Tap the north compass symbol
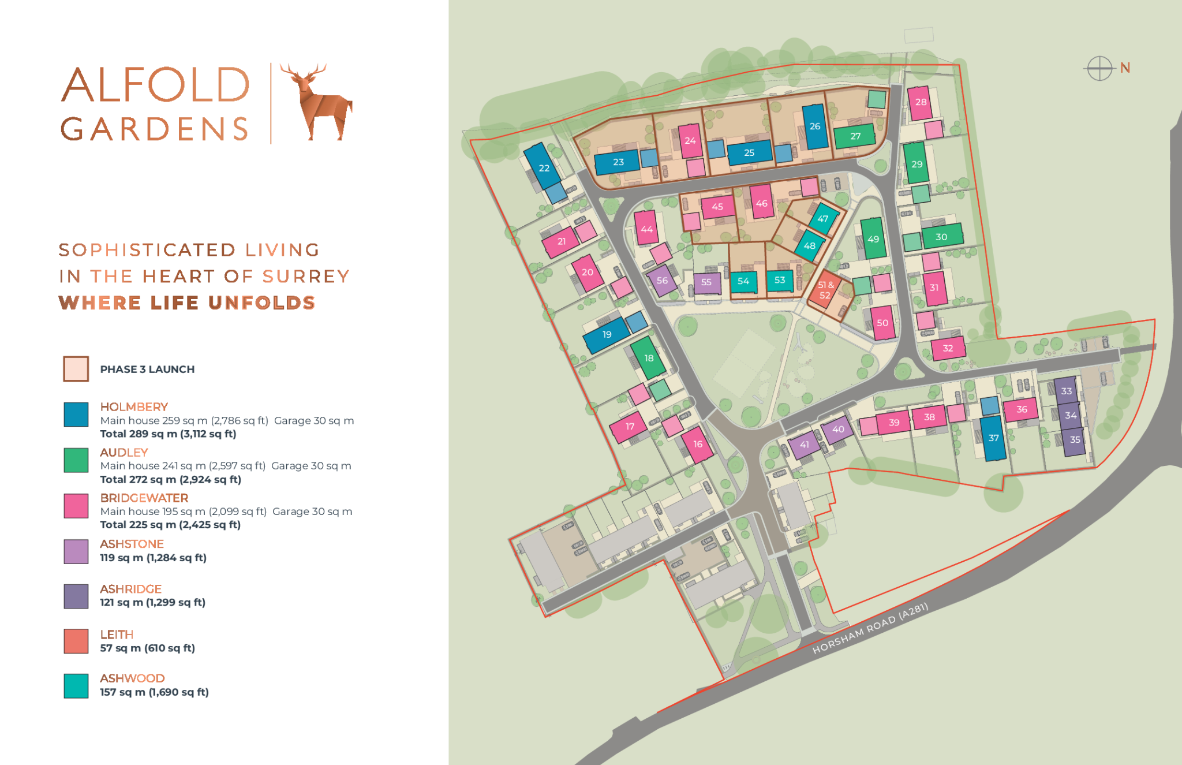click(1099, 69)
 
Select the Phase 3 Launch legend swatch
click(76, 369)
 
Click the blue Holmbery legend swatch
click(76, 415)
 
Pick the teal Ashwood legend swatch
click(76, 686)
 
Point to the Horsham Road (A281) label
click(870, 629)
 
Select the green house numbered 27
click(855, 136)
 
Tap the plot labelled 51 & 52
click(825, 290)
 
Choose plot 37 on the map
click(993, 438)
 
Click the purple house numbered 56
click(662, 281)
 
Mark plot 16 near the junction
click(697, 444)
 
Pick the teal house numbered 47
click(823, 218)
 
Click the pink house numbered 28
click(920, 102)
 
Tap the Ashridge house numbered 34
click(1070, 415)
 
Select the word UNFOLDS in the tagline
click(261, 303)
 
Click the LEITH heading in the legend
click(117, 635)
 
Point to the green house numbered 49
click(873, 238)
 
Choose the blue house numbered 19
click(606, 334)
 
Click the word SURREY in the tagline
click(306, 277)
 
